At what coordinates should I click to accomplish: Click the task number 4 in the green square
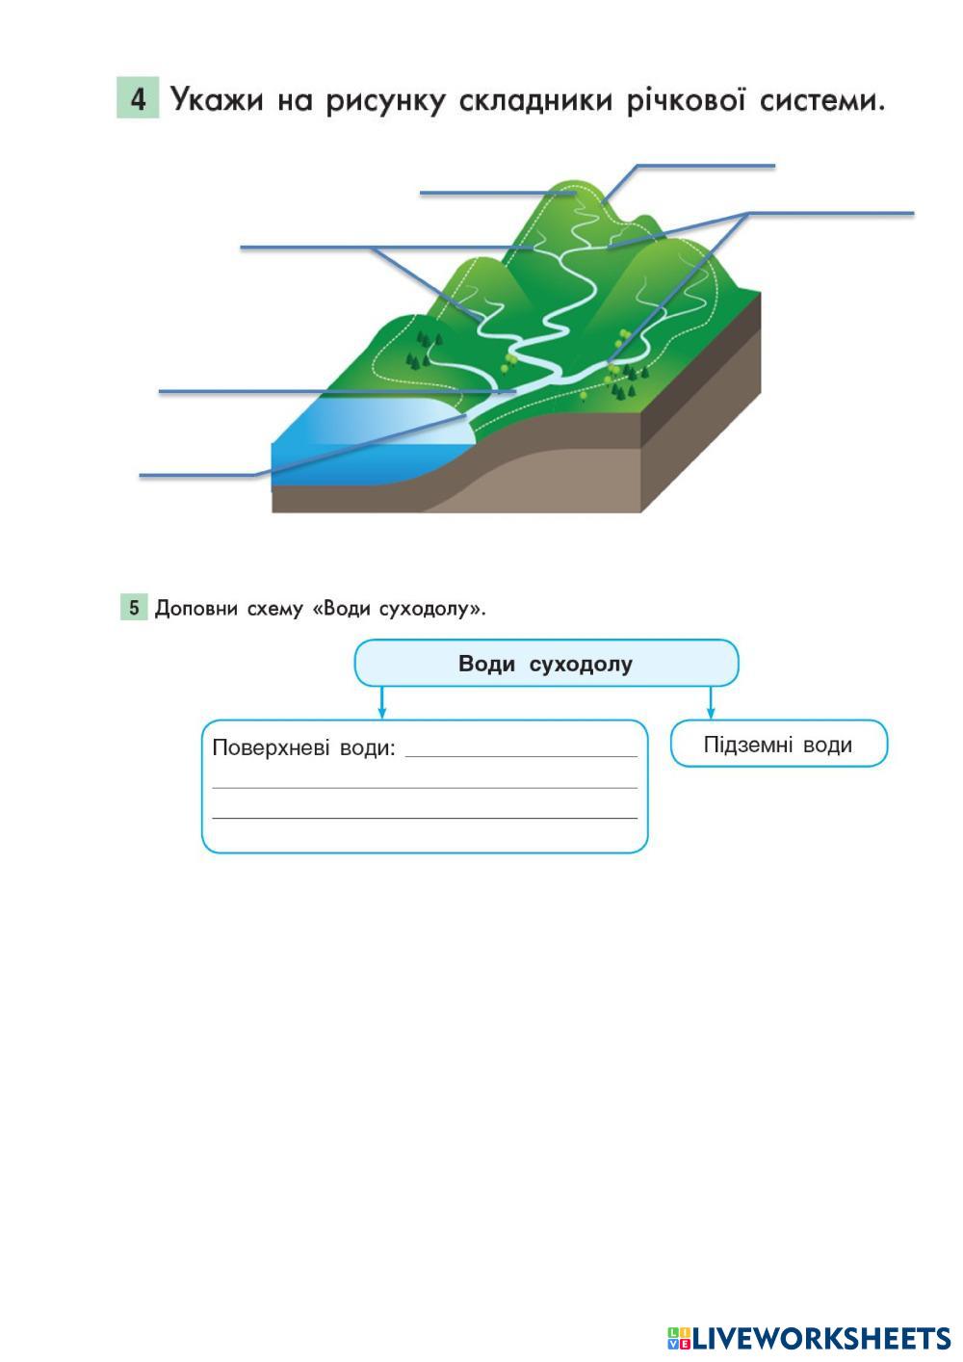139,99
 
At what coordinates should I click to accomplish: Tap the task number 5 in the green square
134,608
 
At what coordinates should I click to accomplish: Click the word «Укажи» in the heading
217,100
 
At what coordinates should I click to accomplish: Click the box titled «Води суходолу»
546,664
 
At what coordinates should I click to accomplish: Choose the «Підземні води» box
778,745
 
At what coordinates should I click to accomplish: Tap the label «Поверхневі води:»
303,747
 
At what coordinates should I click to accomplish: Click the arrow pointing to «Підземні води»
711,703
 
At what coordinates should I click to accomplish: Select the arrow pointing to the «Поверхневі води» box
382,703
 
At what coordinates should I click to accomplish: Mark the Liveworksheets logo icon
679,1338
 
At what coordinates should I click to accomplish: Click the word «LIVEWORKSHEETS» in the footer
821,1338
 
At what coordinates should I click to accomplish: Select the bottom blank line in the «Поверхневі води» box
425,817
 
